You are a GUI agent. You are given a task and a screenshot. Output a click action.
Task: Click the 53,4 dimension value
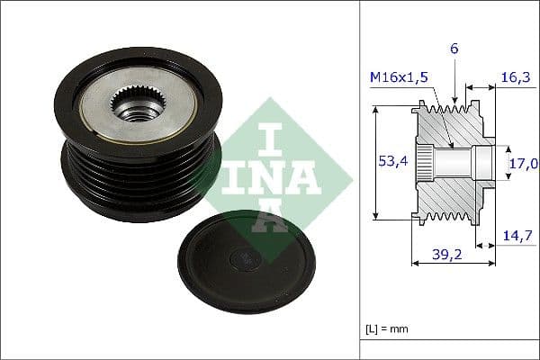point(389,161)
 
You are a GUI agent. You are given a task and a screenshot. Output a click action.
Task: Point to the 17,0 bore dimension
point(524,164)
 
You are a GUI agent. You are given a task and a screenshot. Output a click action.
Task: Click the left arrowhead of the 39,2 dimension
point(415,263)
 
